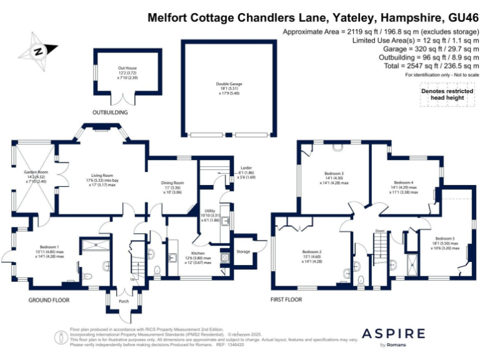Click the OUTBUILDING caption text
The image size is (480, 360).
pos(110,113)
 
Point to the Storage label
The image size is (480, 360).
pos(243,251)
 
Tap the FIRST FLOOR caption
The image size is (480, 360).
pos(286,300)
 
